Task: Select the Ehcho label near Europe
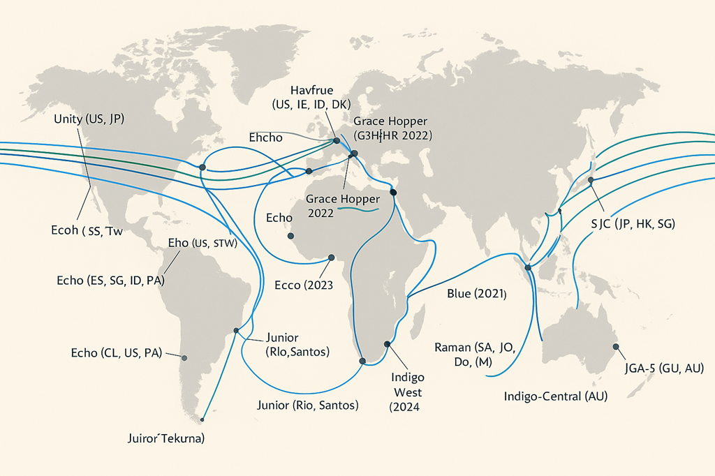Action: [265, 138]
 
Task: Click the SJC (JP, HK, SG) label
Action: [631, 223]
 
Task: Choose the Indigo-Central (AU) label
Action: [556, 396]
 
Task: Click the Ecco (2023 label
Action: [303, 285]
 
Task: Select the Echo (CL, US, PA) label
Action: [117, 352]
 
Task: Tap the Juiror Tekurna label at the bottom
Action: [165, 439]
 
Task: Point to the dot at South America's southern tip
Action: [202, 419]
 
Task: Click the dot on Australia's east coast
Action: [615, 347]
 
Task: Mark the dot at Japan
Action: [591, 180]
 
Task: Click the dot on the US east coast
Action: [202, 167]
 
